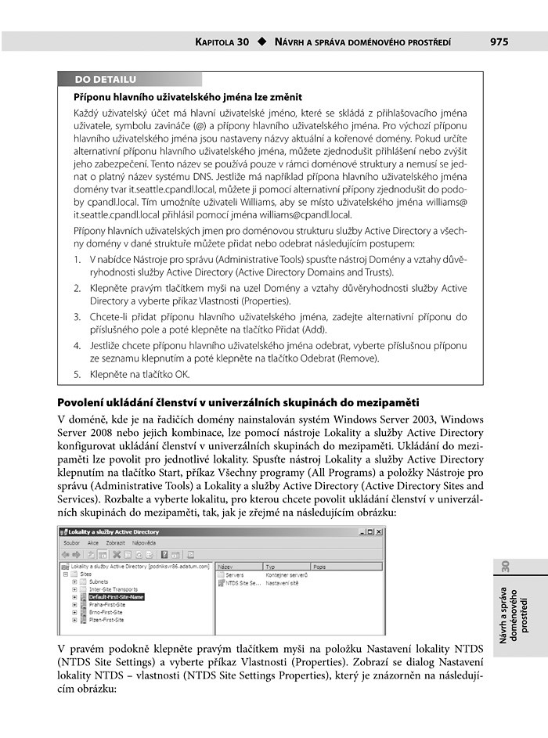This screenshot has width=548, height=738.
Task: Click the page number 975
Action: click(x=500, y=41)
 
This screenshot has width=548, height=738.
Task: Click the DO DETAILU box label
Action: click(x=105, y=79)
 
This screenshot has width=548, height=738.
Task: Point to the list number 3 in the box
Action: click(x=78, y=317)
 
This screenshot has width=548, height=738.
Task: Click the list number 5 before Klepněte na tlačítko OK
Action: click(x=78, y=374)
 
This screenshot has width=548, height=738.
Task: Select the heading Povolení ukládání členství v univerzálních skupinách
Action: click(x=240, y=402)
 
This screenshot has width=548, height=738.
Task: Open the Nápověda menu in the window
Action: click(x=144, y=542)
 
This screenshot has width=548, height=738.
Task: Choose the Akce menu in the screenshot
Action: click(x=93, y=542)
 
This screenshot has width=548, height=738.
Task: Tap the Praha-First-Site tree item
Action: click(x=106, y=604)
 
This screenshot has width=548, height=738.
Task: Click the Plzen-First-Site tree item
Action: click(x=106, y=620)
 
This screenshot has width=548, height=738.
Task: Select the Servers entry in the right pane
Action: click(x=234, y=574)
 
